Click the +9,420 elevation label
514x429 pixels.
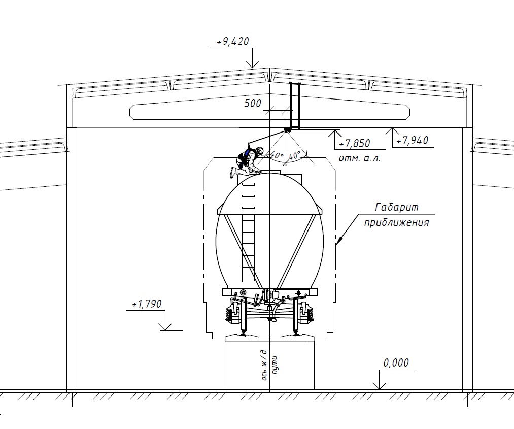coord(233,42)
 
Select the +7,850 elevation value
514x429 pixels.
coord(355,144)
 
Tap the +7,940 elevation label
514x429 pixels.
coord(413,141)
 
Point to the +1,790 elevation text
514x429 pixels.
coord(147,304)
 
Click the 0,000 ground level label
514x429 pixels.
coord(396,363)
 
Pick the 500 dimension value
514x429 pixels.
coord(252,104)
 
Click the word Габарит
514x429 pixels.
coord(397,207)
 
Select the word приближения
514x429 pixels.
coord(397,223)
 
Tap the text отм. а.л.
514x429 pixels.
coord(360,159)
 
